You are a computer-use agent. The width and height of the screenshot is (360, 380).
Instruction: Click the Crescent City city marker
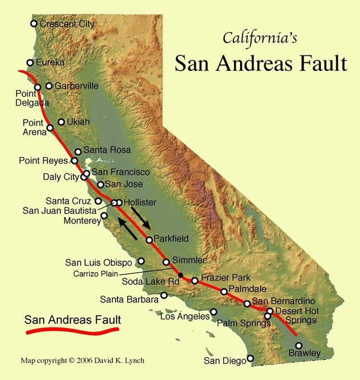point(34,23)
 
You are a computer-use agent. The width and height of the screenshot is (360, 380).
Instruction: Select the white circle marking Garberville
point(49,86)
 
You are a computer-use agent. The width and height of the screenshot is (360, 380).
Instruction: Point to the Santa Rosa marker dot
point(78,151)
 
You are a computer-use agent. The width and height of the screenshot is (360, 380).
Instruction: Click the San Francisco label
point(121,172)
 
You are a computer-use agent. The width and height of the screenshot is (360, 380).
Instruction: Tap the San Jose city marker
point(100,184)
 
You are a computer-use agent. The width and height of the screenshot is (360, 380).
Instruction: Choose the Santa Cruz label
point(69,201)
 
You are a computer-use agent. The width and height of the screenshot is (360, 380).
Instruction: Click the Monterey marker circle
point(104,215)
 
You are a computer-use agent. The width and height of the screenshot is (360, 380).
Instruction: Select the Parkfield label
point(171,239)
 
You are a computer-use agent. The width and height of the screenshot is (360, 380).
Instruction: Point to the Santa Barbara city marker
point(164,295)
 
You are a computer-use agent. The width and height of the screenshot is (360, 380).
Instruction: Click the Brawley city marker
point(299,345)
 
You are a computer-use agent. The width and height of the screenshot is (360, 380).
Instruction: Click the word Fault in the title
point(320,63)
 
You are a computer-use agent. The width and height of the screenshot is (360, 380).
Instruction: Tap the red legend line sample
point(73,331)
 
